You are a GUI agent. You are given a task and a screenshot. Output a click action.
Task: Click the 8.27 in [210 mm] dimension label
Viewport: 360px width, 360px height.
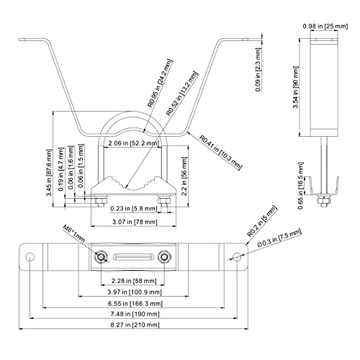pos(135,325)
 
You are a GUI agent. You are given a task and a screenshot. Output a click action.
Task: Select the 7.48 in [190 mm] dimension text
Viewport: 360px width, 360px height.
pos(135,314)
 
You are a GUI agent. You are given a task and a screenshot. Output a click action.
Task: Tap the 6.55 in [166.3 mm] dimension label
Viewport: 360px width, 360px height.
pos(135,303)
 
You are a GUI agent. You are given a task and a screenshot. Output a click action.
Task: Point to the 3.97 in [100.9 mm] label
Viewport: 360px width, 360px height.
pos(135,292)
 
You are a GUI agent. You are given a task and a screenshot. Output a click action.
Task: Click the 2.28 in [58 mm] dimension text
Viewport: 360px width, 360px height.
pos(134,281)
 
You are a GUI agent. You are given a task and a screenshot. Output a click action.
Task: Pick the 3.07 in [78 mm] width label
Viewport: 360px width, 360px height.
pos(135,222)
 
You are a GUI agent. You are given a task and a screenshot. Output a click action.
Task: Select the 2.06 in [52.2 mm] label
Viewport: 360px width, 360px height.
pos(133,143)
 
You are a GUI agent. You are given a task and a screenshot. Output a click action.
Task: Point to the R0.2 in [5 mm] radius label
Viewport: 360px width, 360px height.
pos(263,221)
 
